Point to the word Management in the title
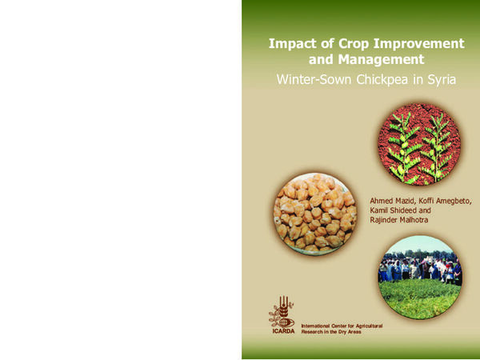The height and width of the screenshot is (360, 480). coord(376,59)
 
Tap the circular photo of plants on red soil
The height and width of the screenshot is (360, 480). coord(419,138)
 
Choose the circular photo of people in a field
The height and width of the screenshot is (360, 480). coord(420,277)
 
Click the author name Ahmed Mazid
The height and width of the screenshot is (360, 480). coord(390,198)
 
